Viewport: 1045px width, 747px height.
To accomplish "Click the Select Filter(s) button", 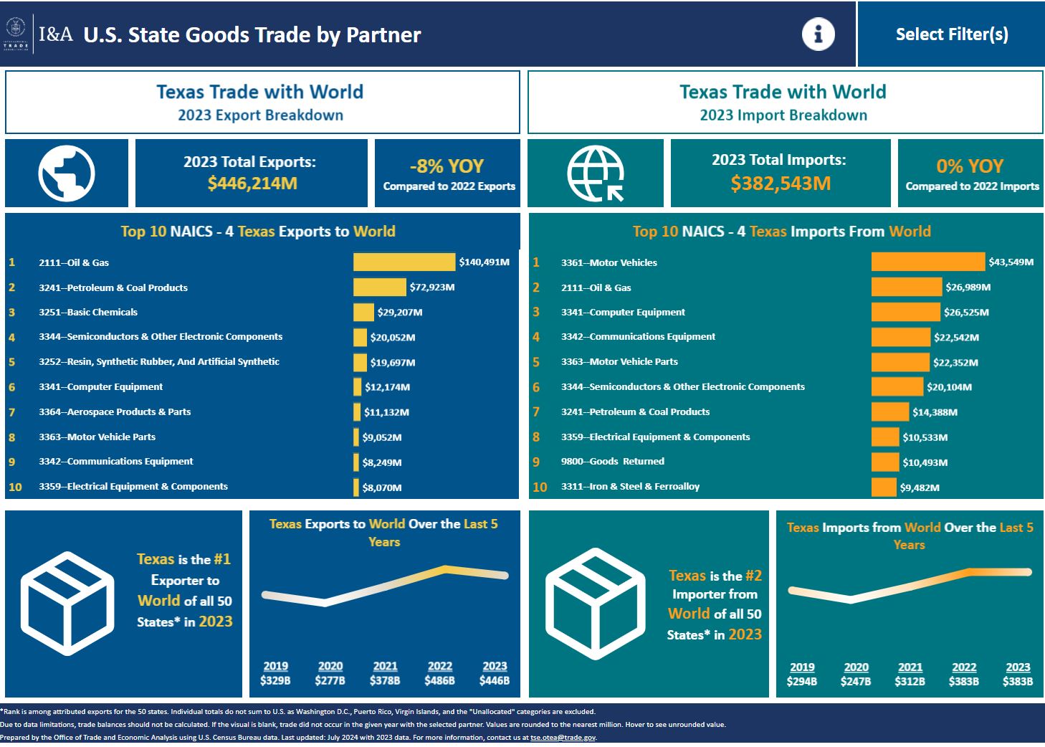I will coord(951,34).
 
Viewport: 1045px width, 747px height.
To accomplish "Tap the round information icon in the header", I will coord(818,34).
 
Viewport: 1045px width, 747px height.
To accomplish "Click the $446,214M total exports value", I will coord(252,184).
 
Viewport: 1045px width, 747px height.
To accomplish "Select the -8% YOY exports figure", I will coord(447,166).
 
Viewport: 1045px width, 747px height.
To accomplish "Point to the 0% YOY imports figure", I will coord(970,166).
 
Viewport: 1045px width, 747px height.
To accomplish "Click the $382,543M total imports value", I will coord(781,184).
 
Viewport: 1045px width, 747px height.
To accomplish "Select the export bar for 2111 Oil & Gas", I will coord(404,262).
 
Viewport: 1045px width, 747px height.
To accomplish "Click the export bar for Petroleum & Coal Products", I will coord(379,287).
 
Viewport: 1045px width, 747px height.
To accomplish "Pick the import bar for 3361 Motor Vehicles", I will coord(927,262).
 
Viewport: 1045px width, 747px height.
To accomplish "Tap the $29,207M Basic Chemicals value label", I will coord(399,313).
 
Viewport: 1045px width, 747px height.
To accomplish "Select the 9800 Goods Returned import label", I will coord(612,462).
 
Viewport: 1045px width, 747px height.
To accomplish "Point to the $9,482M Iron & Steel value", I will coord(920,487).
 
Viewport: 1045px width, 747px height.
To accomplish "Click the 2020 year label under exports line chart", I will coord(330,666).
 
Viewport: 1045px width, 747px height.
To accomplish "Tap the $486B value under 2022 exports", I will coord(439,680).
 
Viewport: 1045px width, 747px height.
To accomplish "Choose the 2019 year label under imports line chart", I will coord(801,667).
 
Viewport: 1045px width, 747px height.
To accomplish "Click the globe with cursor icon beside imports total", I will coord(595,173).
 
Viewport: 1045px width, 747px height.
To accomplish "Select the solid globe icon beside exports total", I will coord(67,173).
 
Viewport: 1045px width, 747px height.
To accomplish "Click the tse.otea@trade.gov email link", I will coord(563,737).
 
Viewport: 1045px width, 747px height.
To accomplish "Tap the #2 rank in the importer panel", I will coord(753,576).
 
